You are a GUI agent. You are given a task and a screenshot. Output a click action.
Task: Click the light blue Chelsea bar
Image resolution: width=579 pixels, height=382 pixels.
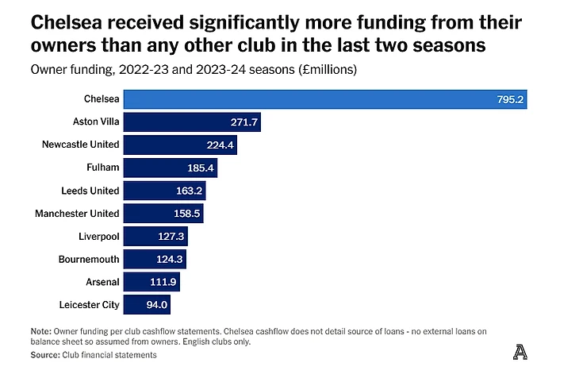325,99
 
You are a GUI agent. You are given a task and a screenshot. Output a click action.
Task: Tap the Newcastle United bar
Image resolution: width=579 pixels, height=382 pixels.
181,145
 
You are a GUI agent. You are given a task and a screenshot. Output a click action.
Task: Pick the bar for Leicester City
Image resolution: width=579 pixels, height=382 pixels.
147,304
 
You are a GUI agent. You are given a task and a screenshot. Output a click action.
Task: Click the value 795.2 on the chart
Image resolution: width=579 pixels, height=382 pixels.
511,100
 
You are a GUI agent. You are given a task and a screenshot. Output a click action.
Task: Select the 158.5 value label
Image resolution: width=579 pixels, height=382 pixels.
186,214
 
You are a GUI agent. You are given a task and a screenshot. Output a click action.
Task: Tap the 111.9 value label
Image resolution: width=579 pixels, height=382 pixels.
164,282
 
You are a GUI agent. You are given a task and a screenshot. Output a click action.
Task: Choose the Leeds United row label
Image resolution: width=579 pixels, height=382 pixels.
90,191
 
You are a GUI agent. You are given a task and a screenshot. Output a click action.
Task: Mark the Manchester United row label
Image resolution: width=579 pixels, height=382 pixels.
77,214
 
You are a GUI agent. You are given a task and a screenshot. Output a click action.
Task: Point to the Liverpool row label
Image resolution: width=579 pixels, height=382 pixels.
98,237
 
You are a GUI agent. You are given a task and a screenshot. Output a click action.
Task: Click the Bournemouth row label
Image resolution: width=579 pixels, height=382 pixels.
89,259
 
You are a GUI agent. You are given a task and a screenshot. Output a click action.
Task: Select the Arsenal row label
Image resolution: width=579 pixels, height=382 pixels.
102,282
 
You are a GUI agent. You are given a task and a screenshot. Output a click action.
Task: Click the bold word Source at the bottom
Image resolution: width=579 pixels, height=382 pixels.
45,355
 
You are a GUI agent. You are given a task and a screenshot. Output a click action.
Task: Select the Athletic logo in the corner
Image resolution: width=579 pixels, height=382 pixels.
520,353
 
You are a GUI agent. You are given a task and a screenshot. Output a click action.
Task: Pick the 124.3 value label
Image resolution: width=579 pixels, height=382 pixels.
170,260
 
